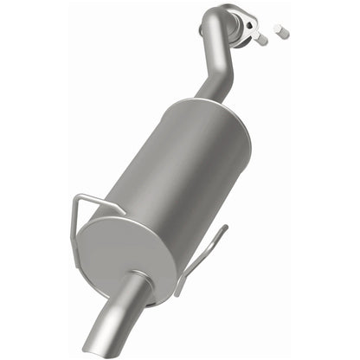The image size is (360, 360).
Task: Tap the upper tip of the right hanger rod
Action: pos(225,227)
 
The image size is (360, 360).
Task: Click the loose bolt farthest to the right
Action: pos(280,33)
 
